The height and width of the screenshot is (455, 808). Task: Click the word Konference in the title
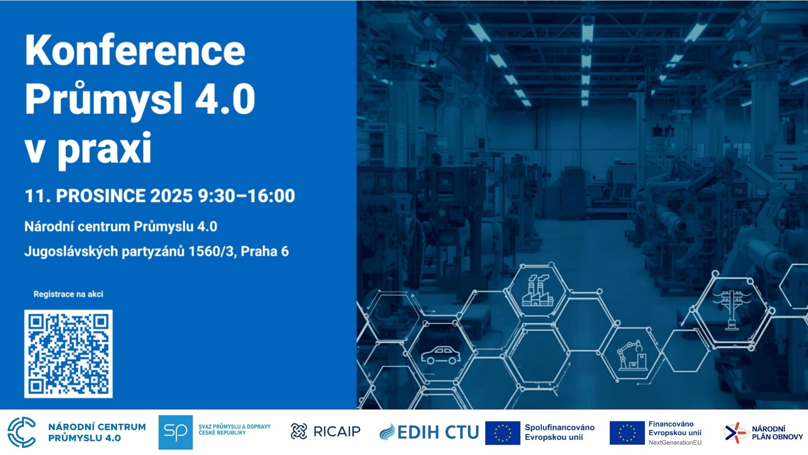[x=135, y=50]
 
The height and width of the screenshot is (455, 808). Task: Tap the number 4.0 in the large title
[x=225, y=99]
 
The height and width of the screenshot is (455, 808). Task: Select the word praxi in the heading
[x=104, y=148]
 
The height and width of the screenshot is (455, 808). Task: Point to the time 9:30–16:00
[x=247, y=196]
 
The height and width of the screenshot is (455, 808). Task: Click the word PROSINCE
[x=101, y=196]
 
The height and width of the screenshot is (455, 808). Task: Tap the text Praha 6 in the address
[x=265, y=252]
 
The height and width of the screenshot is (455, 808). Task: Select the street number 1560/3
[x=213, y=252]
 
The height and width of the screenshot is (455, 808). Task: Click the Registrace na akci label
[x=68, y=294]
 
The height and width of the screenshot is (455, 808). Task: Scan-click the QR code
[x=68, y=354]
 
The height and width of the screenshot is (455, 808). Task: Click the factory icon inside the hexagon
[x=538, y=290]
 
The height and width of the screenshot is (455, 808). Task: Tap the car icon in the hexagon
[x=441, y=356]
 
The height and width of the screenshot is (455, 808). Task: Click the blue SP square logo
[x=175, y=432]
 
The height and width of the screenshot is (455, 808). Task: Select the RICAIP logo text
[x=337, y=431]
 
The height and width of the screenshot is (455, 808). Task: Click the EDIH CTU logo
[x=429, y=432]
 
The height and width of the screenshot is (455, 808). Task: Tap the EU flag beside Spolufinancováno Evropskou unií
[x=502, y=433]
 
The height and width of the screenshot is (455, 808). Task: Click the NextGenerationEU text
[x=675, y=442]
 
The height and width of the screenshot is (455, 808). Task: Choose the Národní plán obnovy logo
[x=763, y=433]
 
